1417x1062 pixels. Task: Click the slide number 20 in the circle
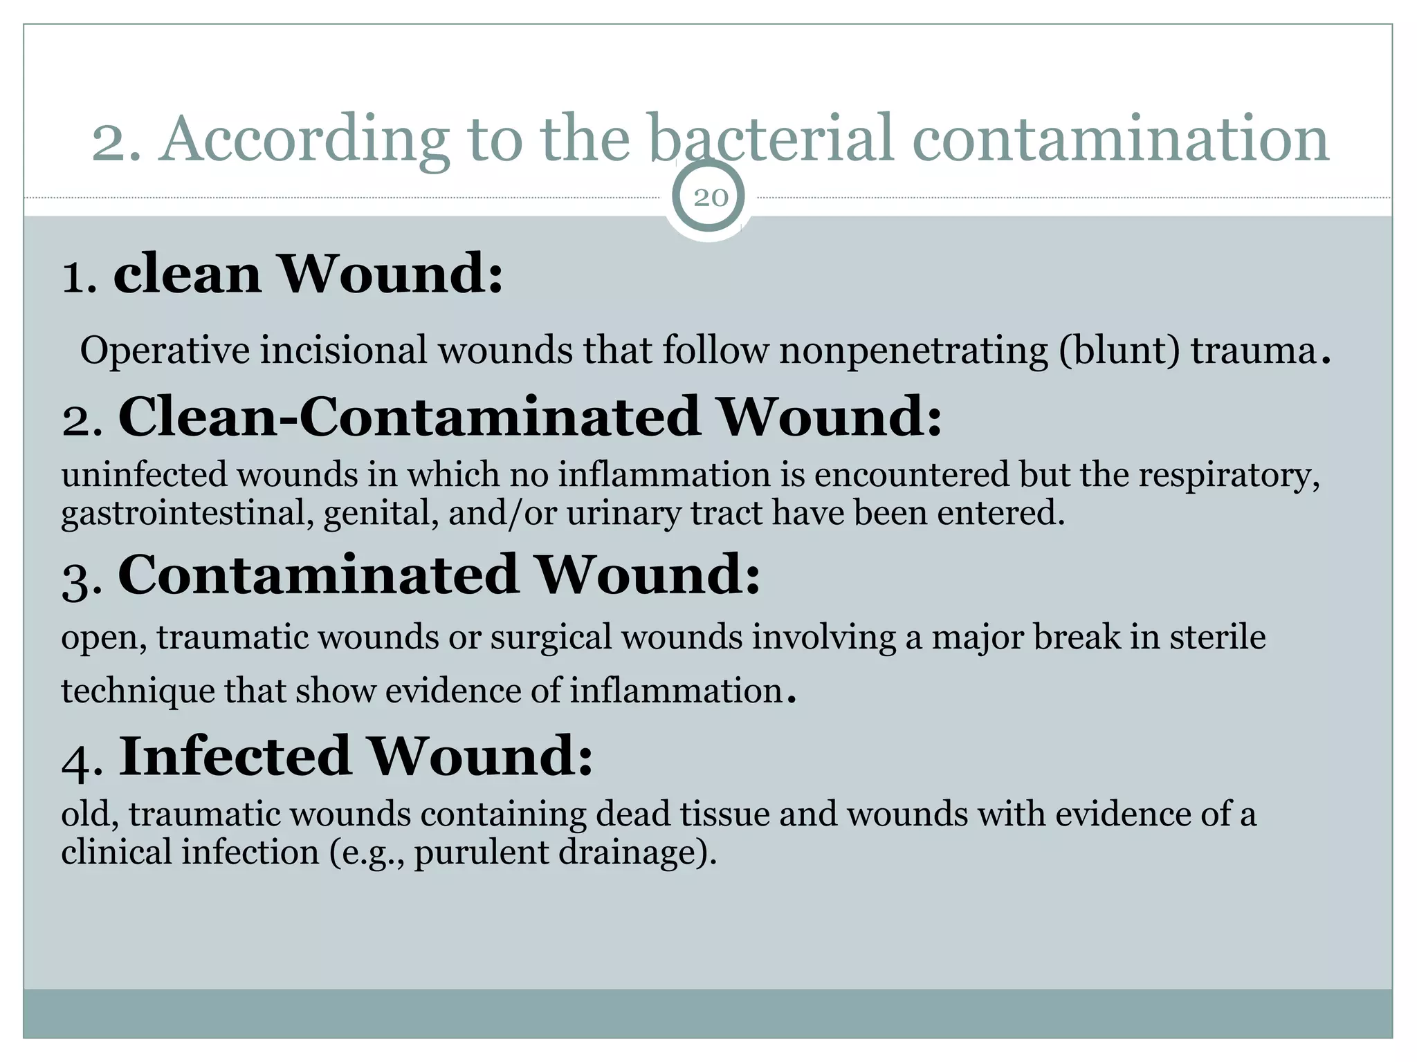711,198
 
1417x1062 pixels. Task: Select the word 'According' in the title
304,140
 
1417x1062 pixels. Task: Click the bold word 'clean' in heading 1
188,274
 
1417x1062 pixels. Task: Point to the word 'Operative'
165,351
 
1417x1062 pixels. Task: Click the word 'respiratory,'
1229,476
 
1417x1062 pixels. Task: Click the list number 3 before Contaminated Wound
81,579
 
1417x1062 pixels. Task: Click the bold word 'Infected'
235,756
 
